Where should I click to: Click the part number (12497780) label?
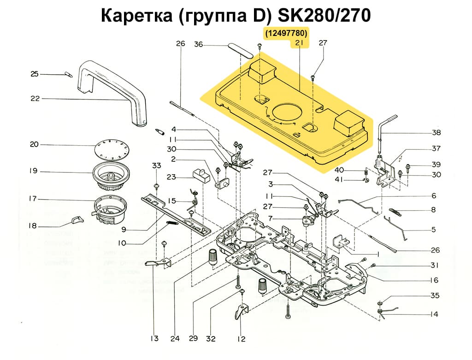coord(285,34)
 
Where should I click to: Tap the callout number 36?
coord(198,45)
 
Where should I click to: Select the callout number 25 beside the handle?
coord(35,74)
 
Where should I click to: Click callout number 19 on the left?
coord(33,171)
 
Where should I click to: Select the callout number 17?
coord(33,199)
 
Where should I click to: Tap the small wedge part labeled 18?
coord(77,219)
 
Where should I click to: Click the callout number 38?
coord(436,133)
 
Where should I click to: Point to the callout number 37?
coord(436,148)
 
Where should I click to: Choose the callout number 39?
coord(436,165)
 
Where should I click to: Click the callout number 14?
coord(434,314)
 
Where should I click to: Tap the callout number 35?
coord(435,295)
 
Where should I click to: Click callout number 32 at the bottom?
coord(211,339)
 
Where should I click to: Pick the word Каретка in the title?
coord(136,15)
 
